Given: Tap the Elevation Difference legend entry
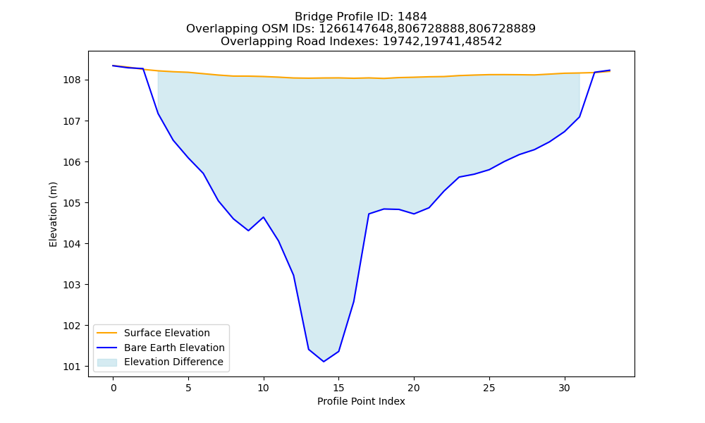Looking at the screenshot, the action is [160, 362].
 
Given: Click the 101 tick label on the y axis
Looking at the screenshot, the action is [72, 367].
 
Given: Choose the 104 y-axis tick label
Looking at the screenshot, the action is [72, 244].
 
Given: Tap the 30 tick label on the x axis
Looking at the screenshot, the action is [564, 388].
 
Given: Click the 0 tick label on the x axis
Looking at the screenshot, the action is [114, 388].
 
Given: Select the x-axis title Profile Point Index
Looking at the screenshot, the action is [361, 401].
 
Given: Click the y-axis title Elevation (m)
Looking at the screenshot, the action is [53, 214].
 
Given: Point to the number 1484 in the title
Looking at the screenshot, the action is [412, 17].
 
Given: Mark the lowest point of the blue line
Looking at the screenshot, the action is [324, 362].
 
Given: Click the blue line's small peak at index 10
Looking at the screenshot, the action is [264, 217].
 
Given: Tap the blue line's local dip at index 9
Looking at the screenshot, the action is [249, 231].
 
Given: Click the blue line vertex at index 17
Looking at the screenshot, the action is [369, 214].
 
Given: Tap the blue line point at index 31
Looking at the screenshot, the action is [580, 117].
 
